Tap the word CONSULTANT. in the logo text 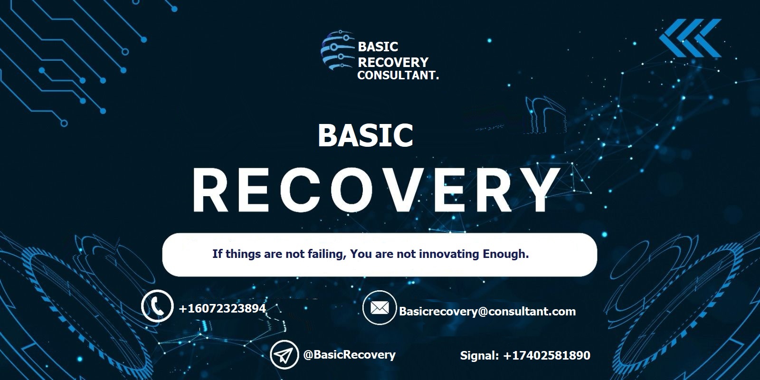[x=398, y=76]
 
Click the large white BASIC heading [x=365, y=135]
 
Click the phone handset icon [x=157, y=306]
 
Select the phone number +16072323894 [x=222, y=308]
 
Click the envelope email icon [x=380, y=308]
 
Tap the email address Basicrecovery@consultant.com [x=487, y=312]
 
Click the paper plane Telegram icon [x=285, y=354]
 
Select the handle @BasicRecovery [x=350, y=354]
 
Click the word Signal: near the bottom [x=479, y=356]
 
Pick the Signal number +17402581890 [x=547, y=355]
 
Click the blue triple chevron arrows [x=690, y=38]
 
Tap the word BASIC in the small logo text [x=378, y=47]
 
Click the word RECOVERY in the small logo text [x=393, y=62]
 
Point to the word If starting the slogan [x=217, y=254]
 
